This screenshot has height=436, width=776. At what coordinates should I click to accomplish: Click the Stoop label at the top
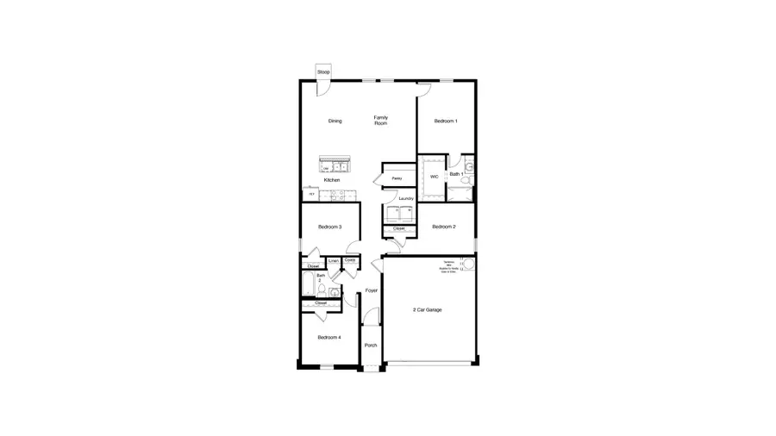[x=323, y=72]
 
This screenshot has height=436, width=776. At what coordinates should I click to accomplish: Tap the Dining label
[x=335, y=121]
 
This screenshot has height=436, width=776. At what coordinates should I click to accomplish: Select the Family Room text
[x=380, y=121]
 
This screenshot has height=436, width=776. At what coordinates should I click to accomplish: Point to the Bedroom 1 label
[x=445, y=121]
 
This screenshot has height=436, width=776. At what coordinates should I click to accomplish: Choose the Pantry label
[x=397, y=178]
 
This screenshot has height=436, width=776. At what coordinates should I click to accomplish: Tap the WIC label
[x=434, y=176]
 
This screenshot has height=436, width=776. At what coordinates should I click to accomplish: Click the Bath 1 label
[x=456, y=174]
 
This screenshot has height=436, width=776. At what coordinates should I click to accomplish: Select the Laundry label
[x=406, y=198]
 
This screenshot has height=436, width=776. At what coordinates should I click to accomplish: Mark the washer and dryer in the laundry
[x=399, y=214]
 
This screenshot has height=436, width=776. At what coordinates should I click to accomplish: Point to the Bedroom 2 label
[x=443, y=227]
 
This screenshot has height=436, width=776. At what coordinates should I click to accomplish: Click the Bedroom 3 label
[x=329, y=227]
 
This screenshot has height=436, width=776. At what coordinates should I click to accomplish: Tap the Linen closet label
[x=333, y=260]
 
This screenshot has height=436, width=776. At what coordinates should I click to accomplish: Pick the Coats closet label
[x=350, y=259]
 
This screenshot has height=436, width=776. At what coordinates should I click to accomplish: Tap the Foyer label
[x=372, y=290]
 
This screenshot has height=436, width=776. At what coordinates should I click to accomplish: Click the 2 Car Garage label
[x=427, y=309]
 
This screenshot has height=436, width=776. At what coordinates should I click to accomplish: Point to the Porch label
[x=371, y=345]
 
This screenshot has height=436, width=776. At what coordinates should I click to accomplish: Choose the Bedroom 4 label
[x=329, y=337]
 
